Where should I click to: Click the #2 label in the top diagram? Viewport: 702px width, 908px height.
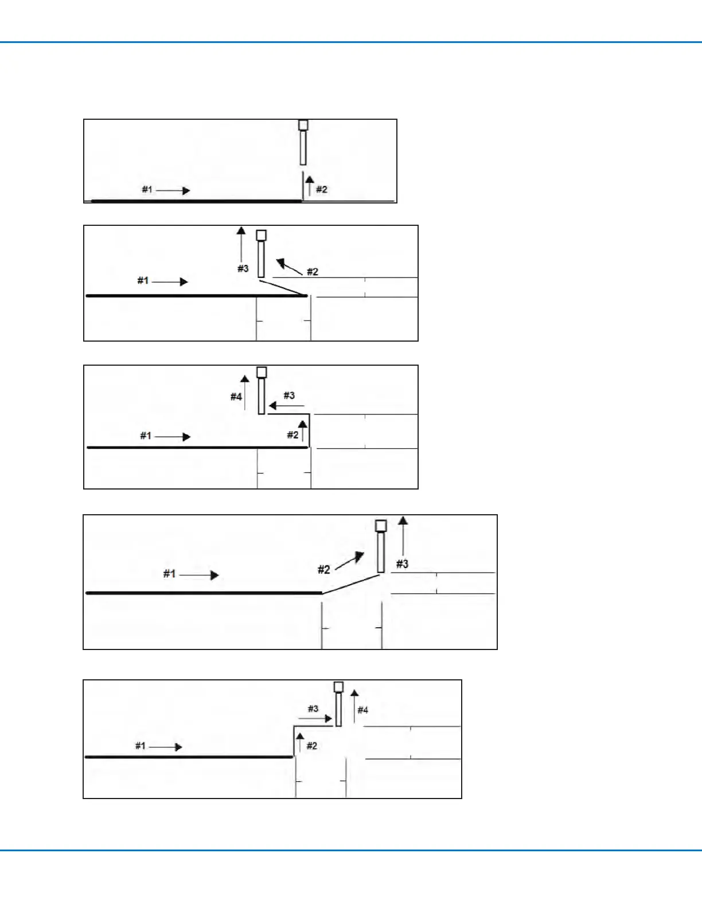322,189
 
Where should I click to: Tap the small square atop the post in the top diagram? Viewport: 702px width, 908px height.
303,125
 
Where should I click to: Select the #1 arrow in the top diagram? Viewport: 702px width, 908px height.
173,190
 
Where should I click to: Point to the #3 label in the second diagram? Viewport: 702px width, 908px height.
243,268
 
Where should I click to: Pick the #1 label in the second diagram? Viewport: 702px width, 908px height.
143,280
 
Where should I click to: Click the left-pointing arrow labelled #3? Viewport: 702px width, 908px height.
286,406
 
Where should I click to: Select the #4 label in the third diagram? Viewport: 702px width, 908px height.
236,397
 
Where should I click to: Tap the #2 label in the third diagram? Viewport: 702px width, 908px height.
292,435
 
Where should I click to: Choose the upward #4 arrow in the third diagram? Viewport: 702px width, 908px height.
245,393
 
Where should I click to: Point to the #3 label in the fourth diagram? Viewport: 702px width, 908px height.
403,564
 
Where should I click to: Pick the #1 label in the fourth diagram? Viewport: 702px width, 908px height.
169,573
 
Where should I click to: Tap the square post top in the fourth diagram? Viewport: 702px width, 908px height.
381,526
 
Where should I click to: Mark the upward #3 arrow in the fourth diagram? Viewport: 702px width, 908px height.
403,536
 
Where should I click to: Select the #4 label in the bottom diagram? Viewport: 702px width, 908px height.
363,710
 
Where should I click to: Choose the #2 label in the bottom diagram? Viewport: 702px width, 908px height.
312,746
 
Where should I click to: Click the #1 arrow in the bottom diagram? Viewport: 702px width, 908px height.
166,747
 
